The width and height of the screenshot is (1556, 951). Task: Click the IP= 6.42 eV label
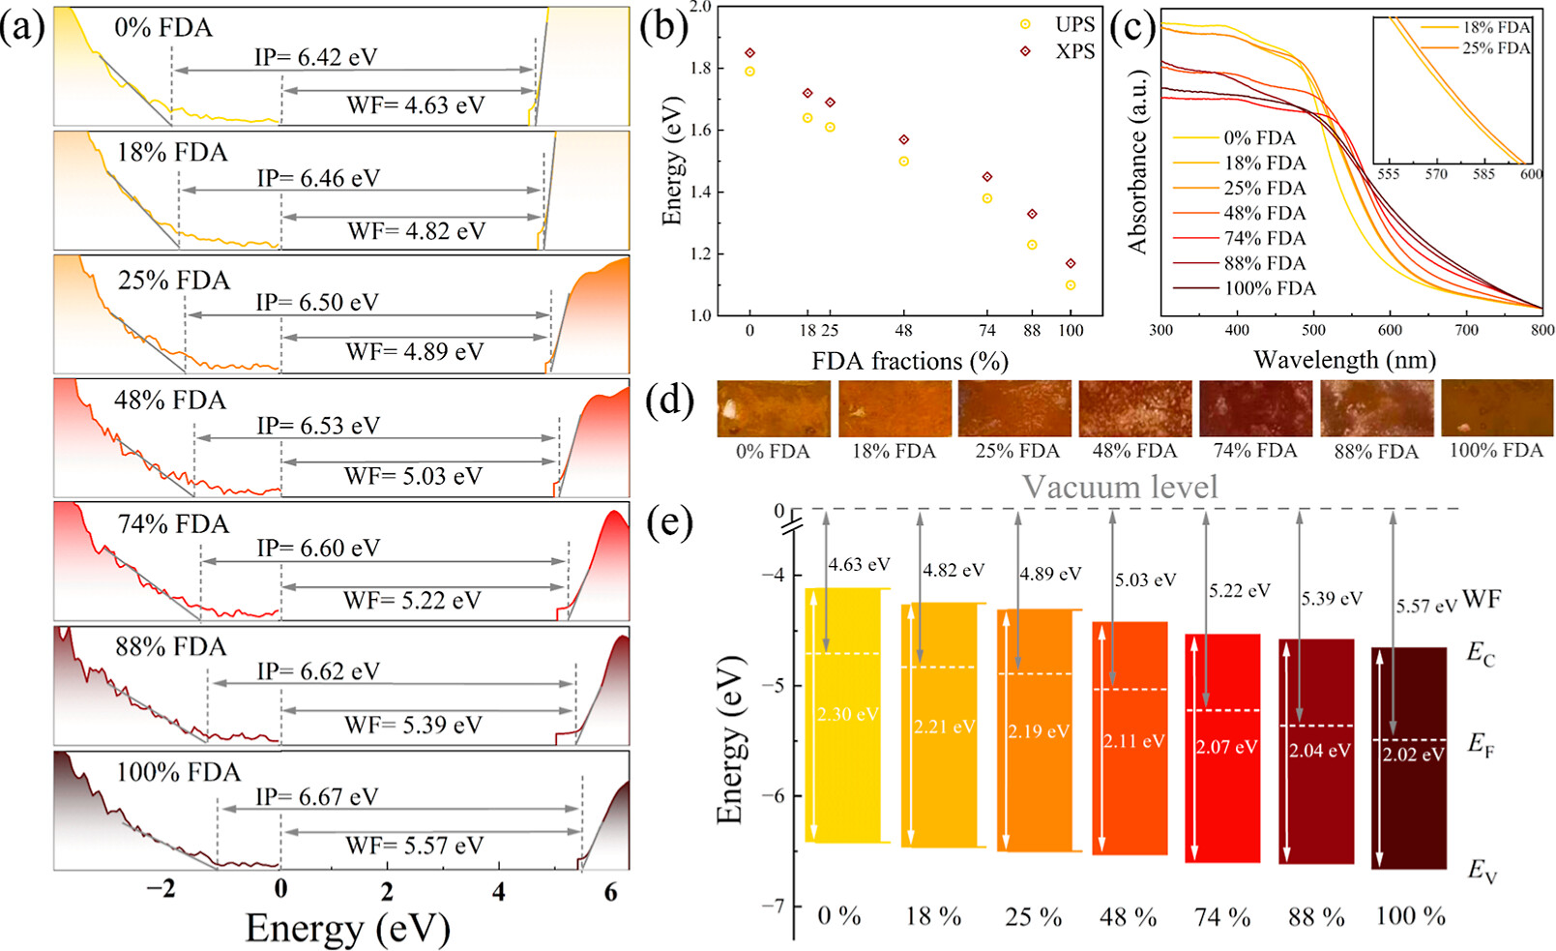(x=315, y=57)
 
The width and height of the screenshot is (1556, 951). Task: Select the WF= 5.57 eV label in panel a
(x=415, y=846)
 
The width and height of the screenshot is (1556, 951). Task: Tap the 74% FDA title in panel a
(x=173, y=523)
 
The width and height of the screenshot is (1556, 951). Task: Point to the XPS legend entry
(x=1060, y=51)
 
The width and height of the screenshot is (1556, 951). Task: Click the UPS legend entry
(x=1060, y=24)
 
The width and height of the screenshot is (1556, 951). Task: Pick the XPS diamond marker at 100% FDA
(x=1071, y=263)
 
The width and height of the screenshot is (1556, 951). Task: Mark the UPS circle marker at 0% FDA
(x=749, y=72)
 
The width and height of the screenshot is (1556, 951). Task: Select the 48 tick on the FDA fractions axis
(x=904, y=331)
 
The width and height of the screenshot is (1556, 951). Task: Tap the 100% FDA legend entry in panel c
(x=1245, y=288)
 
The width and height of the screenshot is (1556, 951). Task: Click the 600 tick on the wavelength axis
(x=1390, y=331)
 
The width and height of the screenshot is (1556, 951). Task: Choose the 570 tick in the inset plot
(x=1436, y=174)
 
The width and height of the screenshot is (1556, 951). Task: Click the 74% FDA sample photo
(x=1256, y=407)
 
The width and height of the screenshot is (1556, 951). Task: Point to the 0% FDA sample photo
(x=774, y=407)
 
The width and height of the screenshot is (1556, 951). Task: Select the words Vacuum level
(x=1120, y=487)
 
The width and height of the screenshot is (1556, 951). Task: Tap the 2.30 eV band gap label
(x=847, y=714)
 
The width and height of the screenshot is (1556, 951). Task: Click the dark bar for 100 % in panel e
(x=1409, y=758)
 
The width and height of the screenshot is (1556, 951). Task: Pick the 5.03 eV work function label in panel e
(x=1145, y=580)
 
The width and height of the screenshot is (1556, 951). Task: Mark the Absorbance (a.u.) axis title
(x=1138, y=162)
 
